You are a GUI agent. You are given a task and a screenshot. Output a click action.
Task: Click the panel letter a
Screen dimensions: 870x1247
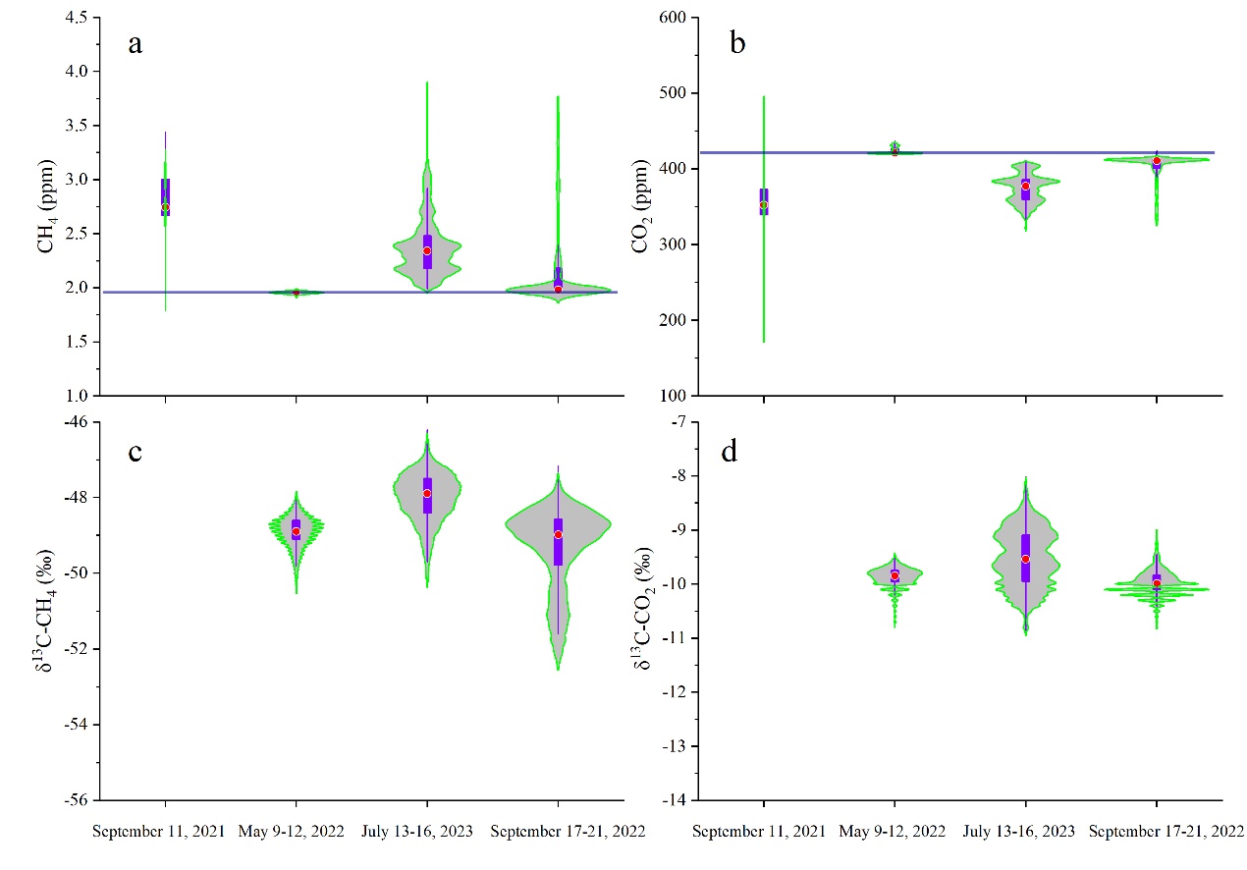(x=136, y=45)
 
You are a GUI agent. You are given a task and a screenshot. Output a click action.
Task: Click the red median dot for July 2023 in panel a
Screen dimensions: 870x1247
(x=427, y=250)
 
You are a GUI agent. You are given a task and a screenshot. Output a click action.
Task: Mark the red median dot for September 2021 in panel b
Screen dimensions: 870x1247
(x=764, y=204)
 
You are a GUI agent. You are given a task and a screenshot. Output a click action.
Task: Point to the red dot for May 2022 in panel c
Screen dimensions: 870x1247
(x=297, y=531)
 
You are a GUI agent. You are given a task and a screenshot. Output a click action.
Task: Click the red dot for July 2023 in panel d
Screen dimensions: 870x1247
(x=1026, y=559)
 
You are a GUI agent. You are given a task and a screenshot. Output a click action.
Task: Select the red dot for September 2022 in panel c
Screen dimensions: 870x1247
(x=558, y=534)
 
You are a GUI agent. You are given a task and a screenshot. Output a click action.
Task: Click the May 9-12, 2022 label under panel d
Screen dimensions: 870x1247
(x=893, y=832)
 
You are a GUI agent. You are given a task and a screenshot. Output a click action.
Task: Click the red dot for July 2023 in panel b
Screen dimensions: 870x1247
(x=1026, y=186)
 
